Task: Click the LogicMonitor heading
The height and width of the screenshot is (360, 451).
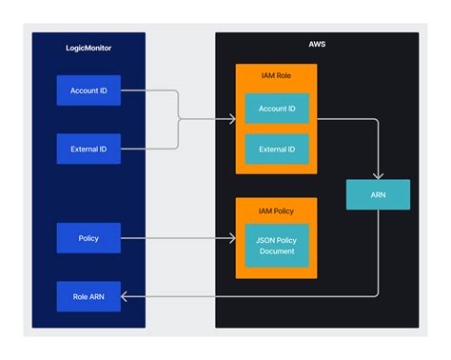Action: point(88,47)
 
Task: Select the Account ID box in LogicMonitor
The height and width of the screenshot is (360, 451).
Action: point(88,90)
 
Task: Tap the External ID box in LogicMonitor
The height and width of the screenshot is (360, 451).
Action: point(88,149)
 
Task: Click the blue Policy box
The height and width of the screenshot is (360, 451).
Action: point(88,238)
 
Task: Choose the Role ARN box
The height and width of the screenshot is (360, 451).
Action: point(88,296)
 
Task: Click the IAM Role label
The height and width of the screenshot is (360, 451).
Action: point(276,77)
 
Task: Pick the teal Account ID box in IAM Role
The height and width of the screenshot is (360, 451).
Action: point(277,109)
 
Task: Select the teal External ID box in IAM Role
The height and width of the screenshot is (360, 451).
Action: point(277,149)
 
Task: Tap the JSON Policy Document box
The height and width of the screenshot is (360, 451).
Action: point(277,246)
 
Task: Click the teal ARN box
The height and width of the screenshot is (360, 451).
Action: point(378,194)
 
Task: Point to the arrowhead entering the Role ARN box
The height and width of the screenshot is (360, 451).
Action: point(125,296)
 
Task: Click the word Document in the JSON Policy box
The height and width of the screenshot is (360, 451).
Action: point(277,252)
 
